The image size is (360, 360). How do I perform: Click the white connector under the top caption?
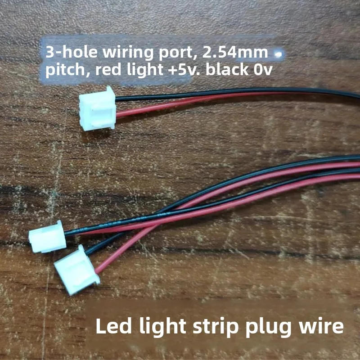click(x=97, y=108)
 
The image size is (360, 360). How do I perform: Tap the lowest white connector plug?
click(x=76, y=270)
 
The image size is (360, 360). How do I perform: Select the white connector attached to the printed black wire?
click(x=48, y=237)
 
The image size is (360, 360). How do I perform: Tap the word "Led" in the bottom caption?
click(x=115, y=326)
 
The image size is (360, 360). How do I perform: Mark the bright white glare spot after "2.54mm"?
click(x=279, y=54)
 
